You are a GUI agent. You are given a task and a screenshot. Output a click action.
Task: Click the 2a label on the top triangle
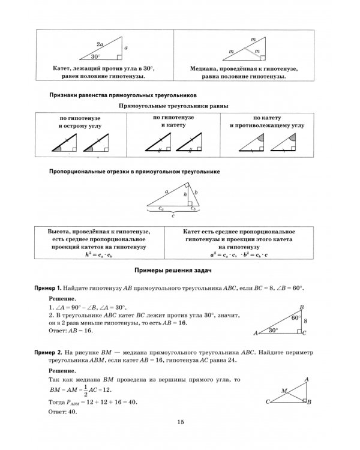(100, 44)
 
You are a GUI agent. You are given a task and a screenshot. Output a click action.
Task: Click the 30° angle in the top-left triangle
(96, 56)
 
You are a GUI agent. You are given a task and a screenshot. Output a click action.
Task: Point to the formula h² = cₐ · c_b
(99, 254)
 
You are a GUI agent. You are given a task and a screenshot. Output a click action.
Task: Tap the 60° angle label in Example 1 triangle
(295, 318)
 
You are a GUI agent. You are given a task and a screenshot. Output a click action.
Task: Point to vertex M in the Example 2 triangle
(284, 391)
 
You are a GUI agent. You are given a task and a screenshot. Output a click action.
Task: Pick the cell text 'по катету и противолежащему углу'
(267, 124)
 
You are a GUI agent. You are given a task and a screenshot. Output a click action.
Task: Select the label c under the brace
(174, 217)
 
